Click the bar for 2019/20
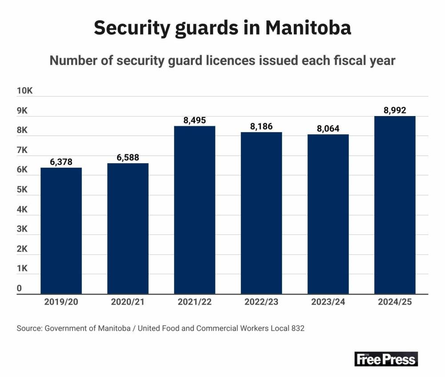(x=61, y=230)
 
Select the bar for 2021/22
(x=194, y=210)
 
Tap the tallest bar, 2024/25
(x=395, y=205)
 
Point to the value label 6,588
(x=128, y=157)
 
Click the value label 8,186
(x=261, y=126)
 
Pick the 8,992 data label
(x=395, y=110)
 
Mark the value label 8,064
(x=328, y=128)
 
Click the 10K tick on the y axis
(x=25, y=91)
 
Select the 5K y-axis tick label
(x=22, y=190)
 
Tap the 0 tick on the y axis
(x=20, y=289)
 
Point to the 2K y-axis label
(x=22, y=249)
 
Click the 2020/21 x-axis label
(x=128, y=302)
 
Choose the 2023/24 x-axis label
(x=328, y=302)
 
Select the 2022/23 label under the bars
(x=261, y=302)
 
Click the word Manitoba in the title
(x=308, y=28)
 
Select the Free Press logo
(x=386, y=359)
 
